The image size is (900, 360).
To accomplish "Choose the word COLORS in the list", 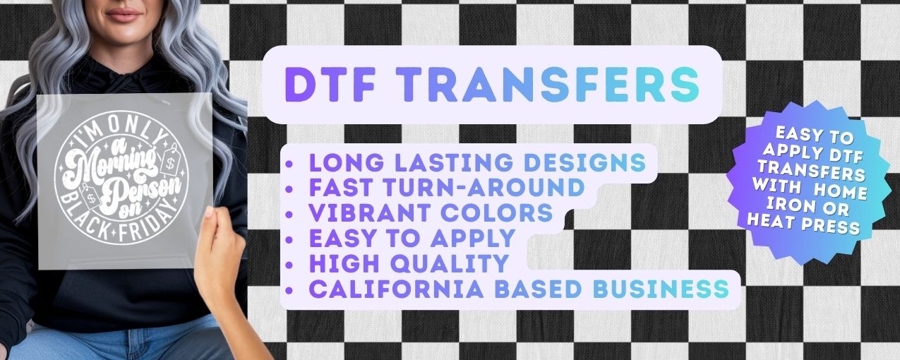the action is point(497,212).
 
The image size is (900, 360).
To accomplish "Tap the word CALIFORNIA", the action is point(396,289).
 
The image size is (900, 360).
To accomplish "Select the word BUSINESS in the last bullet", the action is point(661,289).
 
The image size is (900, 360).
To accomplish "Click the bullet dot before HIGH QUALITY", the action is point(289,265).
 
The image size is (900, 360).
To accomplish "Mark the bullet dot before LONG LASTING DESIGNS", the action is point(289,164).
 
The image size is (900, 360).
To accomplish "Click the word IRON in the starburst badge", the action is point(785,205).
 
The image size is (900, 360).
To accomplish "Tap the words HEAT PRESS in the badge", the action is point(803,224).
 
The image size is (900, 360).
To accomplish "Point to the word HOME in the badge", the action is point(841,190).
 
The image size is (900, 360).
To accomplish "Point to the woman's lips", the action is point(124,16).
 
